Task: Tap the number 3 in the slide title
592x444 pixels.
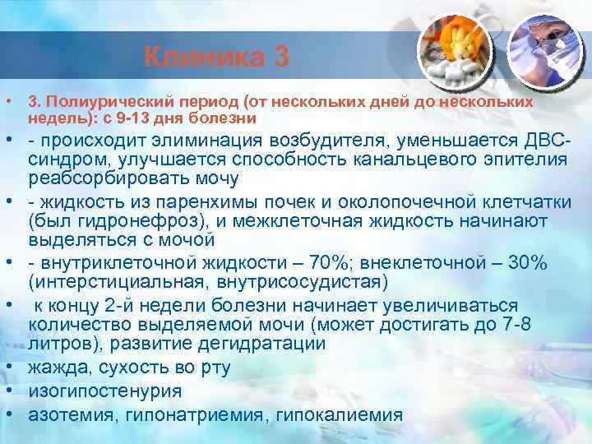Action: (x=280, y=58)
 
